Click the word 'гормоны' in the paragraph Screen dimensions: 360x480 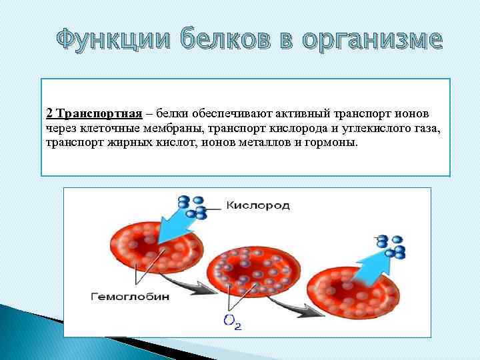[333, 143]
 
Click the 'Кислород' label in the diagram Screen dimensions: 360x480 [257, 206]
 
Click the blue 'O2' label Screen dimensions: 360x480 [233, 323]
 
